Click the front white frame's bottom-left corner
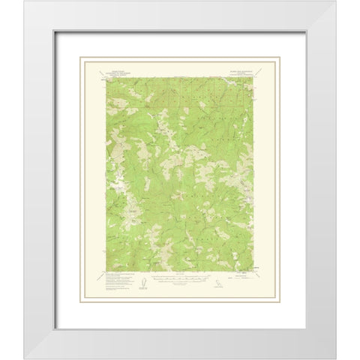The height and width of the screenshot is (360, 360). point(4,357)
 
